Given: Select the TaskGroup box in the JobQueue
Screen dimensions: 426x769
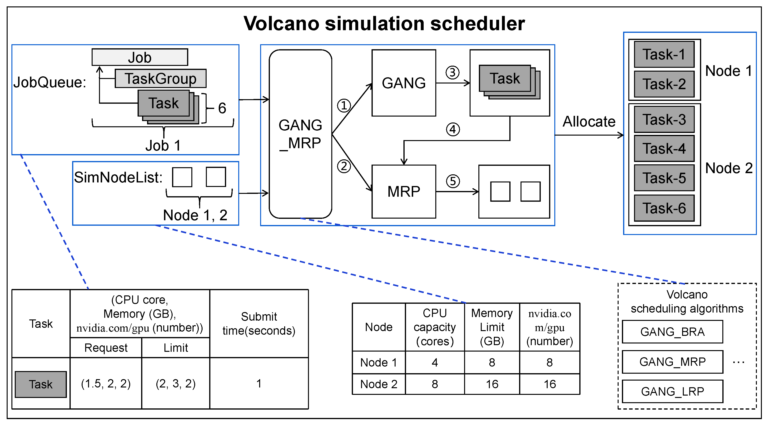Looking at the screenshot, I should [161, 79].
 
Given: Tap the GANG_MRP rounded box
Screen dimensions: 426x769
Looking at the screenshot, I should [300, 134].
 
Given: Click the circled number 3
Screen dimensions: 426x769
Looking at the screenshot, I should [452, 73].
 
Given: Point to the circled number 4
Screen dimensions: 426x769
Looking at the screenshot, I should [452, 129].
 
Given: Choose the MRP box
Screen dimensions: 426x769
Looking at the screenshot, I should [404, 191].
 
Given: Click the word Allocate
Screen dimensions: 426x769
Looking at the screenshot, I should [589, 122].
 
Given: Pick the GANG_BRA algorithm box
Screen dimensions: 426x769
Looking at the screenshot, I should [672, 332].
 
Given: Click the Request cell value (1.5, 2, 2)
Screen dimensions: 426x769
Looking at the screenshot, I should [106, 384].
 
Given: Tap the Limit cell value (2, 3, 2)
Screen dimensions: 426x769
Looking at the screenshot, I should [176, 384].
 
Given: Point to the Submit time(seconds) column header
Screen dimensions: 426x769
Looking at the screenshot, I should [259, 324].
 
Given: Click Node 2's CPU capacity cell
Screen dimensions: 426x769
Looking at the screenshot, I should [435, 384].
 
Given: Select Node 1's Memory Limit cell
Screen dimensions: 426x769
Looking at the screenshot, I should [492, 362].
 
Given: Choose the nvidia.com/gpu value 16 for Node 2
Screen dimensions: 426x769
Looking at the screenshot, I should [550, 384].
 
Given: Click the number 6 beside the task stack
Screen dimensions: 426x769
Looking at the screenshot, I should [222, 108].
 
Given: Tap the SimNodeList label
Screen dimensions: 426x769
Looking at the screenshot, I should [118, 177].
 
